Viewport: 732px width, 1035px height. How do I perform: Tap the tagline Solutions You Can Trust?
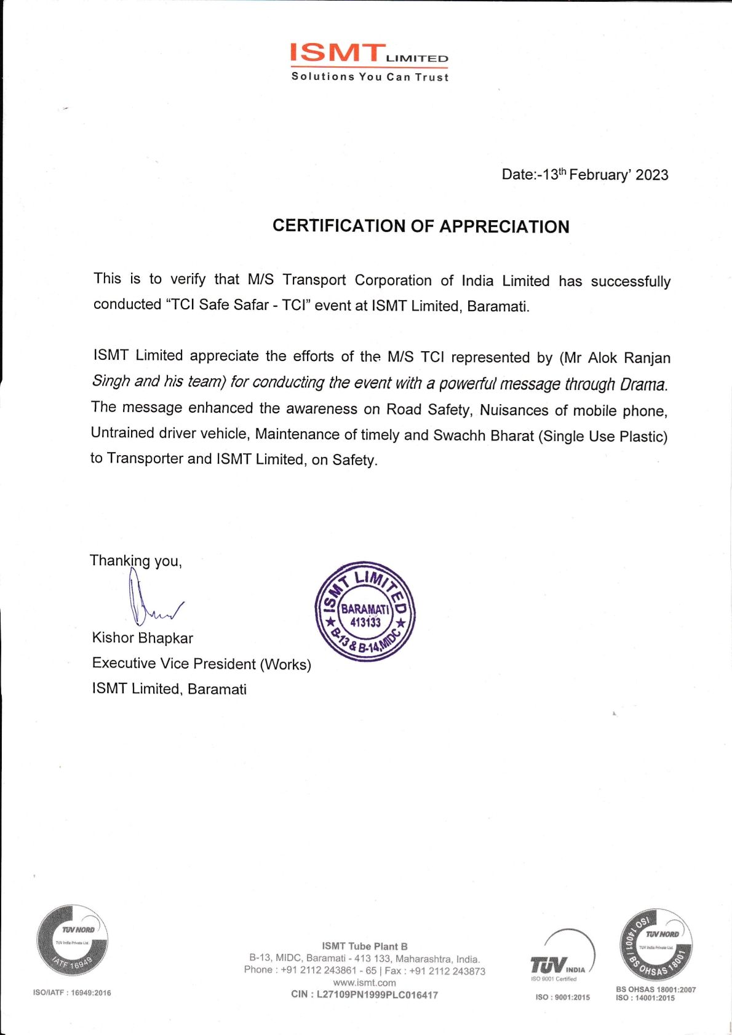click(370, 77)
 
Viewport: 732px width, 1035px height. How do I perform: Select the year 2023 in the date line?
click(651, 175)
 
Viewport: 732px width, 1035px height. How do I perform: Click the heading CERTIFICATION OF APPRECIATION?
click(421, 226)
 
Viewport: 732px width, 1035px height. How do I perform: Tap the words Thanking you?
click(135, 561)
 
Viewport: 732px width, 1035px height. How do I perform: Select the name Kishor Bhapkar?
click(142, 638)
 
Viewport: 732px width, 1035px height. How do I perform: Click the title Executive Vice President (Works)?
click(201, 664)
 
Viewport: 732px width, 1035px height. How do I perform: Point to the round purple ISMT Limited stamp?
click(365, 612)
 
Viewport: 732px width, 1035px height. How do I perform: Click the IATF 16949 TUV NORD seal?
click(73, 940)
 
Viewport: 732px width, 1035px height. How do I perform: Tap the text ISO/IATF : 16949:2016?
click(72, 993)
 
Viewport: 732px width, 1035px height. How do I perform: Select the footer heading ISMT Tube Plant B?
click(364, 946)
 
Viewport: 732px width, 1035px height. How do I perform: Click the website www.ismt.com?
click(364, 983)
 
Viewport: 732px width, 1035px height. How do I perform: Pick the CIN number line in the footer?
click(364, 994)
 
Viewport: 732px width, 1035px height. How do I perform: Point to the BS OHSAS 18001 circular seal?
click(656, 945)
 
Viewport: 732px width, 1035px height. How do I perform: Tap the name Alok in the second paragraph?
click(602, 358)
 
